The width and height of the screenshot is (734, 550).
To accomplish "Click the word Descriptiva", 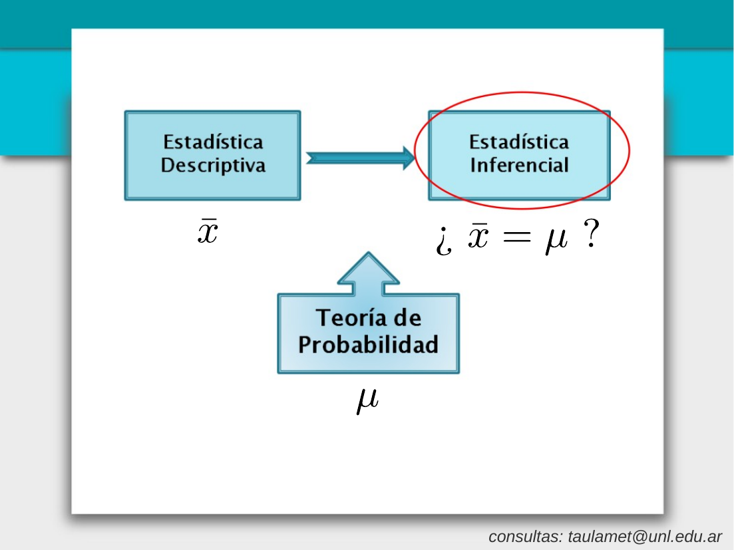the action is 213,166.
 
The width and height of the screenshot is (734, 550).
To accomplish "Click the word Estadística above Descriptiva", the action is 213,142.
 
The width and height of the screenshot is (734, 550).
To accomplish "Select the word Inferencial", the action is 519,165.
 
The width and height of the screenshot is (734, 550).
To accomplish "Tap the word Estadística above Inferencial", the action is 519,142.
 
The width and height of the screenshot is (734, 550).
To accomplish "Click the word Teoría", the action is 351,317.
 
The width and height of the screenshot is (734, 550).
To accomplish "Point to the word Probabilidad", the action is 369,344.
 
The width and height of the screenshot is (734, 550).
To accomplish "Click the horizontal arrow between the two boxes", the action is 361,158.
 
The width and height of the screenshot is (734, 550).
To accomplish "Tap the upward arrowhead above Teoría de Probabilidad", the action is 369,268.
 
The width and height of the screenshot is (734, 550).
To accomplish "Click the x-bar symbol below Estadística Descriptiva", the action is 208,231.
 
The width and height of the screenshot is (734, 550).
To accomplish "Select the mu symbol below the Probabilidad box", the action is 367,401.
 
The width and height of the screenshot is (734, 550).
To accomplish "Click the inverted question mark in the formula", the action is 444,241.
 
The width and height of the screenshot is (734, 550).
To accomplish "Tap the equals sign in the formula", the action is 517,236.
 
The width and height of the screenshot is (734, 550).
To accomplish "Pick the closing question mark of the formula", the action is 591,233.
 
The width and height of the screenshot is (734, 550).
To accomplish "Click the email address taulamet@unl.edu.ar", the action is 645,537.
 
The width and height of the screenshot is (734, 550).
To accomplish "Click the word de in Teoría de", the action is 407,318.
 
